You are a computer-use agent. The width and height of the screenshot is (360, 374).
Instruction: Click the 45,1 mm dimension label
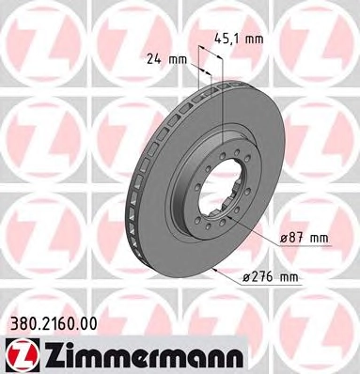point(239,39)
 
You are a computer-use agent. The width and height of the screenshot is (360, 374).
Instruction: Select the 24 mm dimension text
point(166,59)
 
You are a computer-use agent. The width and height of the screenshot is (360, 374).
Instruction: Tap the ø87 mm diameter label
point(304,239)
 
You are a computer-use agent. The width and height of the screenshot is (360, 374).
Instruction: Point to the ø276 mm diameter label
point(271,277)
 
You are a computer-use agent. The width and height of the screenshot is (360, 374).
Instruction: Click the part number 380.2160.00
point(51,324)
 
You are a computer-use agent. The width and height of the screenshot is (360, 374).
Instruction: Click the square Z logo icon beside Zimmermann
point(18,355)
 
